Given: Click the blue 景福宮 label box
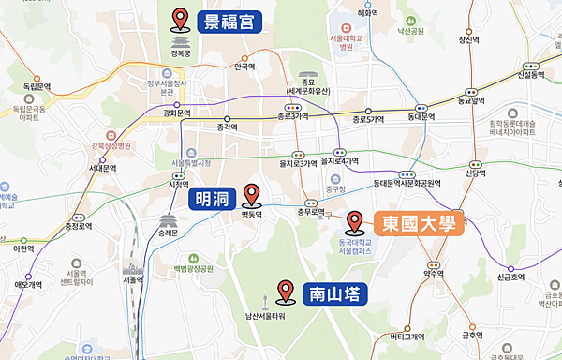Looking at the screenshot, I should coord(229,21).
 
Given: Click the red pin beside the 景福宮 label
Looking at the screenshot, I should coord(181,18).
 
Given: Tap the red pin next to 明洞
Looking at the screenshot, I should coord(251,195).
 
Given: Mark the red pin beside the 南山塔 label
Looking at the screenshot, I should coord(286,292).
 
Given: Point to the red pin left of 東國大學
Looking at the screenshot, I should coord(355,222).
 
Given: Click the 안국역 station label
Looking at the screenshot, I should coord(244,67).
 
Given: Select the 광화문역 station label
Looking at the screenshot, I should coord(176,113).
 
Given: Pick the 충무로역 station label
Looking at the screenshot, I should coord(311,212).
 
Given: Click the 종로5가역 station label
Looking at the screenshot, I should coord(369,120).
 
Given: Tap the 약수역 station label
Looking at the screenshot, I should coord(433,274).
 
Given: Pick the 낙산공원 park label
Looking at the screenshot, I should coord(411,30).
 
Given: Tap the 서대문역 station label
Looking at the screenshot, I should coord(102,169).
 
